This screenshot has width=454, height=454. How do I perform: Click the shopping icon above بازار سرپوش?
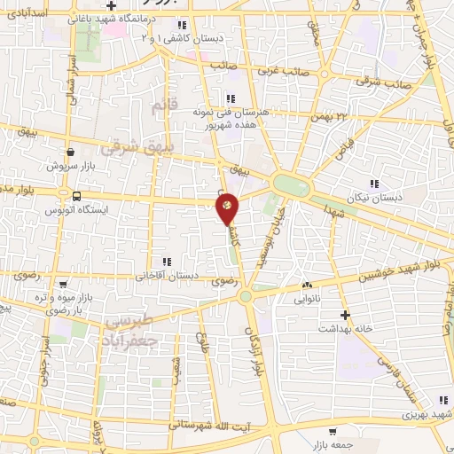click(x=69, y=152)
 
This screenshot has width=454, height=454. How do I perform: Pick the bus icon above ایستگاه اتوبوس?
click(x=76, y=196)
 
